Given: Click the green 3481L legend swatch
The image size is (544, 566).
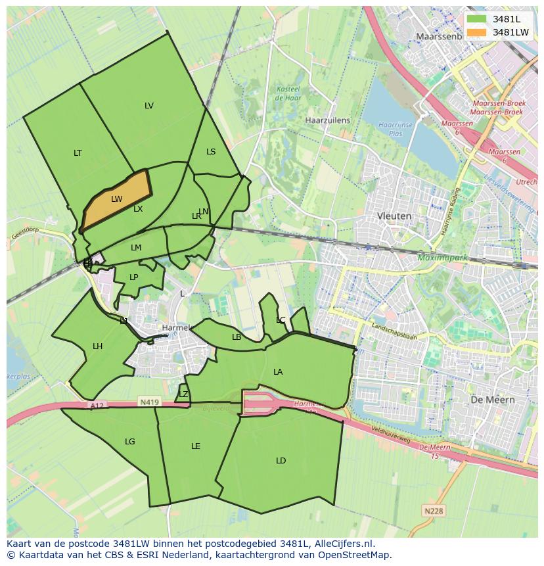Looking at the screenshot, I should coord(476,19).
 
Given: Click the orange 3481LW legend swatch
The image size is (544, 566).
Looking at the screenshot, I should coord(476,32).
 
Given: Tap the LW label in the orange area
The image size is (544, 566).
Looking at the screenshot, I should coord(116,199).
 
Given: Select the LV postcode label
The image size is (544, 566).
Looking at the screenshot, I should coord(149,106).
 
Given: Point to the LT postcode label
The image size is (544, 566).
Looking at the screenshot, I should coord(78,153).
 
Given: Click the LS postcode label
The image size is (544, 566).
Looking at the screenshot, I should coord(211,152).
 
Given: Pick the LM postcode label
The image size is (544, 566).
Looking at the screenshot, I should coord(136,248).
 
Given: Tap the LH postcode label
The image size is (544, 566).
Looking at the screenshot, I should coord(97,346).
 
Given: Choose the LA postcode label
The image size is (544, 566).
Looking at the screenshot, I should coord(278,372).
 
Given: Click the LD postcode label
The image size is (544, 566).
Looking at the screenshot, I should coord(281,461).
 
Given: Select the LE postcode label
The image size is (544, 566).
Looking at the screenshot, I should coord(195,446).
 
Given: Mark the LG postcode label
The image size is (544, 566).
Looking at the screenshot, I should coord(130,442).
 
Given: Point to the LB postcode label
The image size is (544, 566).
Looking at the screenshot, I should coord(237,337).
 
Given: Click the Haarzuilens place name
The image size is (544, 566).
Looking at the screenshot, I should coord(328,121).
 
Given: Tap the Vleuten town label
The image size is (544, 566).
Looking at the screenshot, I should coord(394,216).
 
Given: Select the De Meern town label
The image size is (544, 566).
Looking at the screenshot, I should coord(492,400).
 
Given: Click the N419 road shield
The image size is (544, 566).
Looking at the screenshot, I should coord(148,401).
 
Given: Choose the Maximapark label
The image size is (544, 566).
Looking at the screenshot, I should coord(443,258).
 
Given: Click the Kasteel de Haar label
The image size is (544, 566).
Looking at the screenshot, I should coord(288,93).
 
